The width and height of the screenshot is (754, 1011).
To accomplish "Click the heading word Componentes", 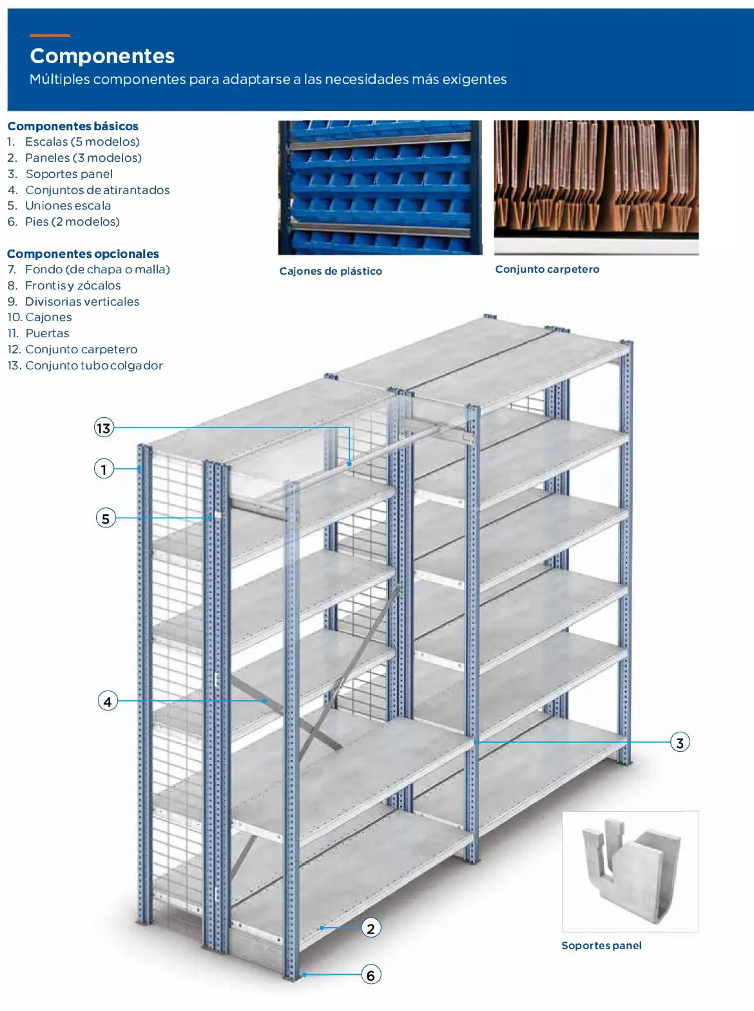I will point(102,56).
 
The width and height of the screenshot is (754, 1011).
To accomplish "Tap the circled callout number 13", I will point(104,428).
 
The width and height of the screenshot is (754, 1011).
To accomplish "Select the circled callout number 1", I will point(104,469).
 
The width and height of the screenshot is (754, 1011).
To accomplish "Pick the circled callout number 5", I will point(106,518).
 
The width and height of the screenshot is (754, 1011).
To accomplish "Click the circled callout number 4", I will point(108,701).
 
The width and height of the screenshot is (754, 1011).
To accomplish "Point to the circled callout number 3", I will point(679,742).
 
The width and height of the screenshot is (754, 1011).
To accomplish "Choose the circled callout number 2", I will point(371,928).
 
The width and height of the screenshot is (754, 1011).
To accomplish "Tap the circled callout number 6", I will point(371,974).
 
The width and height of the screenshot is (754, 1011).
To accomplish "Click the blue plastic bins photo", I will point(380,188).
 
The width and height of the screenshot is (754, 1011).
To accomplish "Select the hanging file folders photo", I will point(596,181).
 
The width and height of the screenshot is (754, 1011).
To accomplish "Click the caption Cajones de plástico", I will point(331,271).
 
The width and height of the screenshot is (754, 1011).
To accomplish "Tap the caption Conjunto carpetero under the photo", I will point(547,270).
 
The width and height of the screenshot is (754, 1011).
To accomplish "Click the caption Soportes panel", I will point(601,946).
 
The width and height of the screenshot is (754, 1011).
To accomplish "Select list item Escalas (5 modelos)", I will point(82,142).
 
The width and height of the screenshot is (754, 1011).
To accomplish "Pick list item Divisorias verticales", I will point(82,302).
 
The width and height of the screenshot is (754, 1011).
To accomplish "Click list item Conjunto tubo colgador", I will point(93,366).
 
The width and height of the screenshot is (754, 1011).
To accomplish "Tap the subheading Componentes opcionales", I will point(83,254).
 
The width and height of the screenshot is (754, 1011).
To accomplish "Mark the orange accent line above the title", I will point(50,35).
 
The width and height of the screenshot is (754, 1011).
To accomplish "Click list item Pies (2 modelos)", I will point(72,222).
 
